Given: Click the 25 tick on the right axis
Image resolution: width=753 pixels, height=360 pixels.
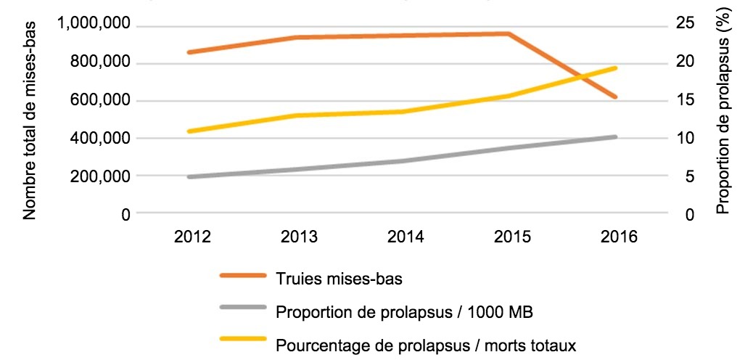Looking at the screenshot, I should (x=683, y=25).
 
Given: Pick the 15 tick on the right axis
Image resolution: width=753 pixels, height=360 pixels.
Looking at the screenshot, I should (x=683, y=100).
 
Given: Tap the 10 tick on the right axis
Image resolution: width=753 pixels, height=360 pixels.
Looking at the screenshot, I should (x=683, y=138).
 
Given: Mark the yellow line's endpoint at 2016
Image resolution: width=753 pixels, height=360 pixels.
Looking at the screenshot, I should (x=615, y=68).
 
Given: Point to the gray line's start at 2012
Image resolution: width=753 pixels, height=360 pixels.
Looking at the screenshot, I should (x=189, y=176).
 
